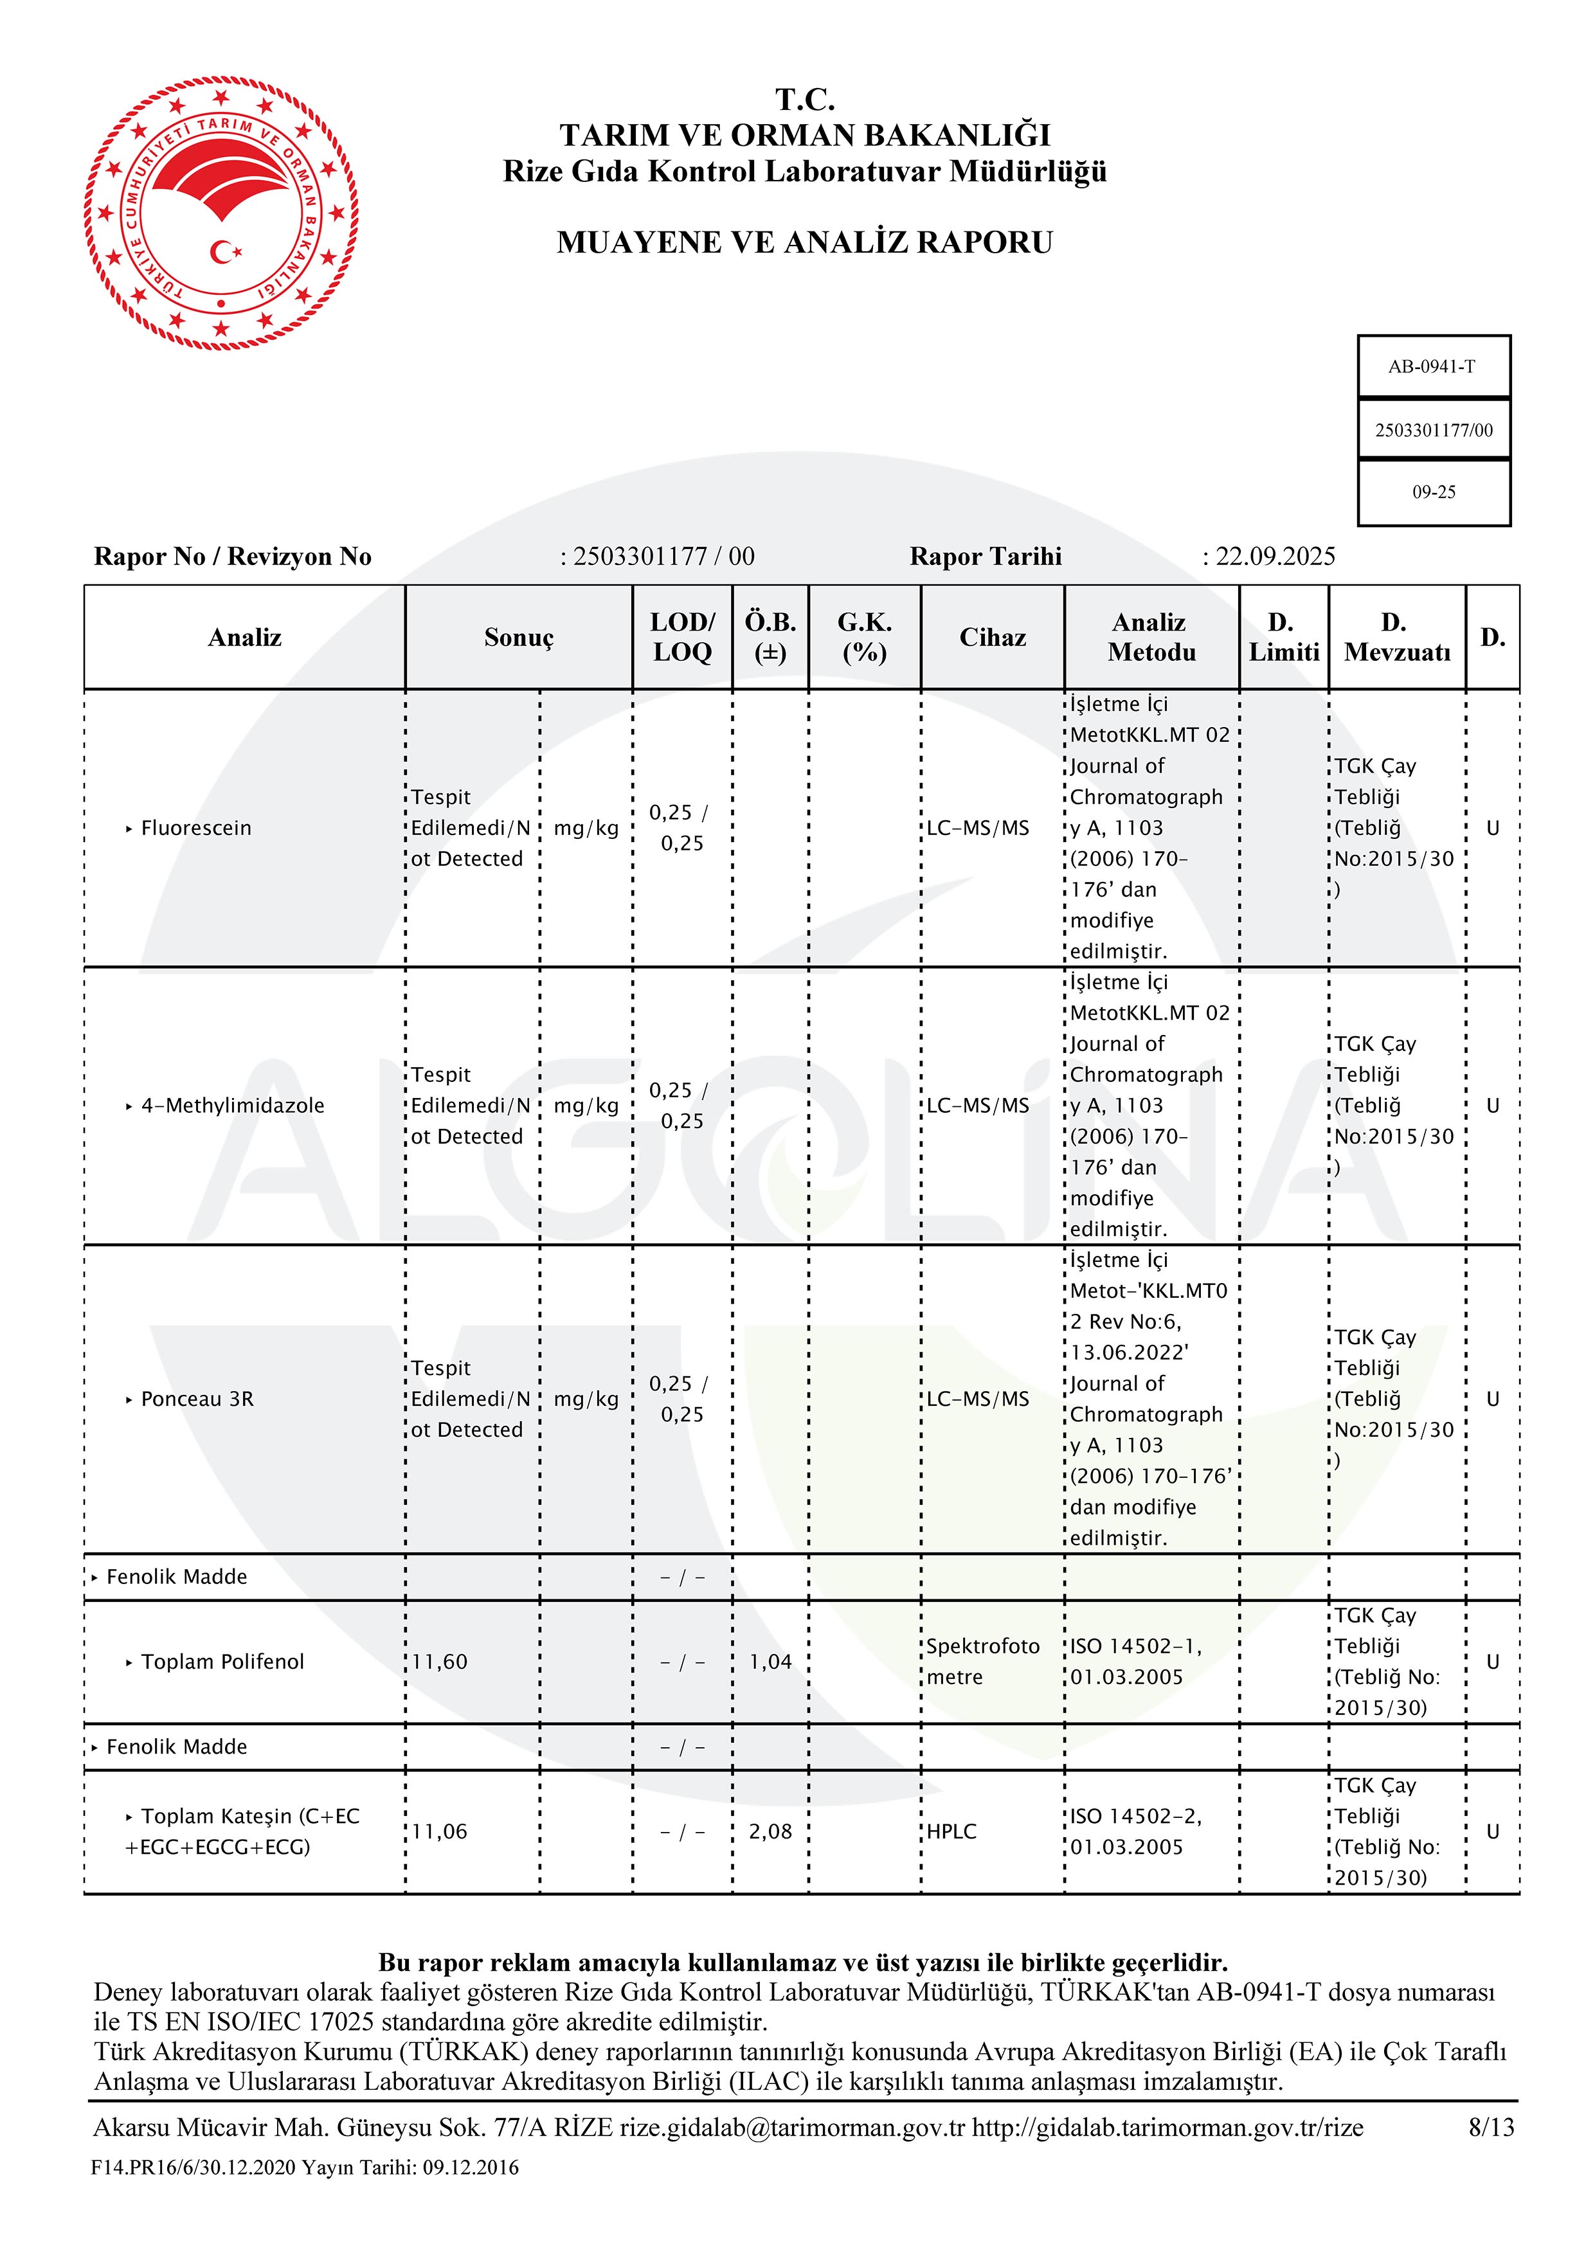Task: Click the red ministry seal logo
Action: [221, 214]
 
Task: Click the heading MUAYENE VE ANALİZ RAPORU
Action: [804, 242]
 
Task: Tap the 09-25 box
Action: [1433, 492]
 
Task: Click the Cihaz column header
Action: [992, 638]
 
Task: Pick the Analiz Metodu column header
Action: [1151, 638]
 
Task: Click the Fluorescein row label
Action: [195, 828]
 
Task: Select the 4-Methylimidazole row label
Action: [232, 1106]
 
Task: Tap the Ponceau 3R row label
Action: [197, 1399]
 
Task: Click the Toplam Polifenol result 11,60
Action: [439, 1662]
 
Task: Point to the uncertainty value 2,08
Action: [770, 1831]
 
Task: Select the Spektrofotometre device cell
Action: [982, 1662]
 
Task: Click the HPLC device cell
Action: [951, 1831]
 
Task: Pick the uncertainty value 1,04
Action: [770, 1662]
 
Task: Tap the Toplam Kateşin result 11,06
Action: [439, 1831]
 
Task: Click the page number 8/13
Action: [1491, 2127]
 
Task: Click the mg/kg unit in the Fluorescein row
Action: [586, 828]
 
